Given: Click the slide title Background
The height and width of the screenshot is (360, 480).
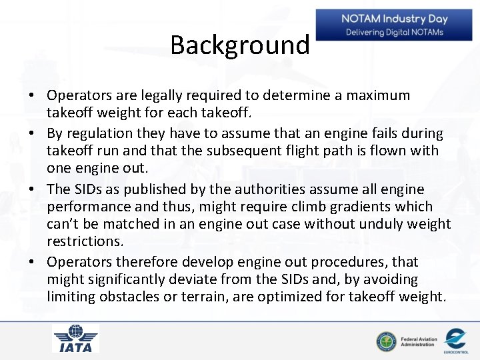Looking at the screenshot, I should [x=239, y=45].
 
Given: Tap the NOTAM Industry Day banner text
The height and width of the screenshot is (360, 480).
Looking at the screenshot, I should [x=394, y=19].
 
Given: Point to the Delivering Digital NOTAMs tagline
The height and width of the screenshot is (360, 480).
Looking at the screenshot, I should [x=394, y=32].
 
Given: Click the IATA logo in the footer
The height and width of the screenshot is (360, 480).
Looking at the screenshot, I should [x=76, y=339].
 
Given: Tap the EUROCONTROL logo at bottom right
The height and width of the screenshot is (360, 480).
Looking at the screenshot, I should [x=455, y=340].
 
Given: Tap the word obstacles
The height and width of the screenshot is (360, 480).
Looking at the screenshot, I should [x=129, y=296].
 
